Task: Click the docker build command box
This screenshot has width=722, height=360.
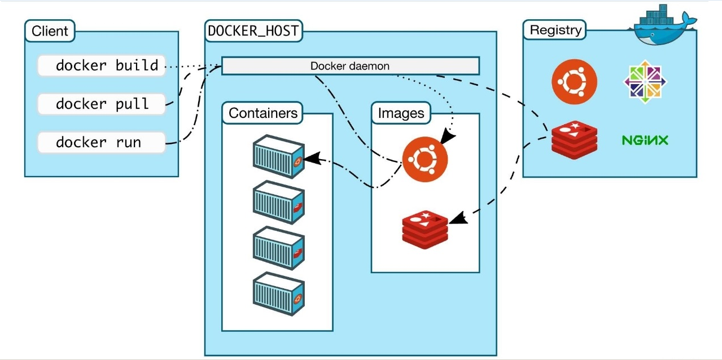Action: click(x=102, y=65)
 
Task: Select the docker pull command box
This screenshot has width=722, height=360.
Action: click(x=102, y=104)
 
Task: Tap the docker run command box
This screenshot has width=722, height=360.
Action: click(x=102, y=142)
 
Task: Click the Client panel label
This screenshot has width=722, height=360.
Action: click(x=50, y=31)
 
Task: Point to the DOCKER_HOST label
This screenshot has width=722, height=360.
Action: click(x=253, y=31)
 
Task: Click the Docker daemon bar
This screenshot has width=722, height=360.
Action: click(x=350, y=65)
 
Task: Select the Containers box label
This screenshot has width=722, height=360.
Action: click(x=262, y=113)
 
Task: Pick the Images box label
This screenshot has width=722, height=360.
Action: click(x=401, y=113)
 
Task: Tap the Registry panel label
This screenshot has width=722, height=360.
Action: click(x=555, y=30)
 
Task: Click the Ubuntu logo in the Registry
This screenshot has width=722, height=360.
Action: click(x=574, y=82)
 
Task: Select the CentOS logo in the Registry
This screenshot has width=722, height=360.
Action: click(x=645, y=82)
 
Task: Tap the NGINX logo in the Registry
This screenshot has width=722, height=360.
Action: click(x=645, y=140)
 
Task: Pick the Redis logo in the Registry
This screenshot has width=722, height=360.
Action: click(x=574, y=139)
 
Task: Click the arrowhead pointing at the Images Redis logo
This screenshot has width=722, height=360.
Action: click(x=458, y=218)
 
